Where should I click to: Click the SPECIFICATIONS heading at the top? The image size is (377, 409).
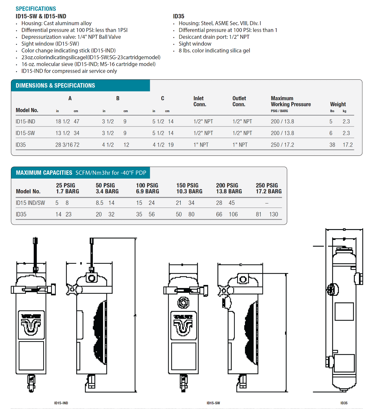(36, 9)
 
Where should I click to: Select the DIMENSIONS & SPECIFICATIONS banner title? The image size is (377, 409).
(55, 86)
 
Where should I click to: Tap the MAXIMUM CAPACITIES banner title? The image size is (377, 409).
(44, 173)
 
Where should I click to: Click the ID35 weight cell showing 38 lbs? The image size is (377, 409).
(332, 145)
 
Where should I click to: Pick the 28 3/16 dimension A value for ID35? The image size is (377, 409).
(64, 145)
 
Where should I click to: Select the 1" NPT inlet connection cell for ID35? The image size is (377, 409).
(201, 145)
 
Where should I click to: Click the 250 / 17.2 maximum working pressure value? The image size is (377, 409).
(282, 145)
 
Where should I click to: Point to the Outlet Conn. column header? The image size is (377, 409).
(239, 101)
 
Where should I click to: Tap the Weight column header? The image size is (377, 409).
(338, 104)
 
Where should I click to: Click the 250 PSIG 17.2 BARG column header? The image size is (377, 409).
(268, 188)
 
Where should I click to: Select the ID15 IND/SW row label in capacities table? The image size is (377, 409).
(30, 203)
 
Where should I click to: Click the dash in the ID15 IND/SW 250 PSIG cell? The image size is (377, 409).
(267, 203)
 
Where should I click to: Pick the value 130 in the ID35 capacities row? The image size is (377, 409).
(274, 214)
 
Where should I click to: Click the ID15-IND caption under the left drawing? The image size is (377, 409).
(61, 403)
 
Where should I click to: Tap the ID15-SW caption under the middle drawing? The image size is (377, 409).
(213, 403)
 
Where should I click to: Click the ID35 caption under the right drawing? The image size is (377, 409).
(344, 403)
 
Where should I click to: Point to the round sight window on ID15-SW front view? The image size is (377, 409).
(183, 302)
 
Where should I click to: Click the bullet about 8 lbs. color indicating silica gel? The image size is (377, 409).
(214, 51)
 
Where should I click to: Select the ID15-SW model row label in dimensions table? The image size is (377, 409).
(25, 133)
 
